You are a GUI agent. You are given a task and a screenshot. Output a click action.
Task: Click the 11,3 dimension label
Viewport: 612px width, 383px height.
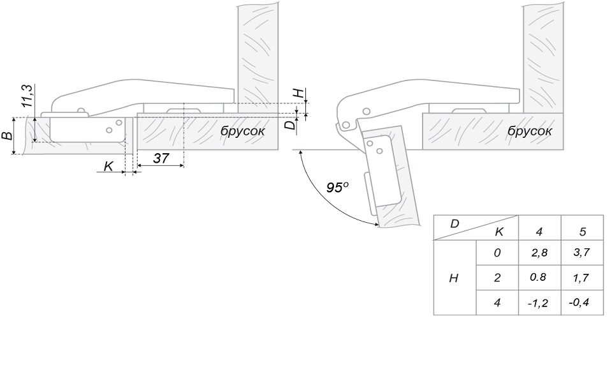[27, 96]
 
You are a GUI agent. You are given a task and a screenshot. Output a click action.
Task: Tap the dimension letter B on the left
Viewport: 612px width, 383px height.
[7, 135]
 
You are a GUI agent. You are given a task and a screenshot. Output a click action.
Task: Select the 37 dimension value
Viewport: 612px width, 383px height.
[161, 158]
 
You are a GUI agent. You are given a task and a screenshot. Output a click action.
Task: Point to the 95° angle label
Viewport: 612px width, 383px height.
[337, 187]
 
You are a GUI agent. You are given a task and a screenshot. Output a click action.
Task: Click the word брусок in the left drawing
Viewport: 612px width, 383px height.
[242, 131]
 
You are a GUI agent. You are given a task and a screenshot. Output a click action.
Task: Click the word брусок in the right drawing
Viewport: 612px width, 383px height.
[530, 131]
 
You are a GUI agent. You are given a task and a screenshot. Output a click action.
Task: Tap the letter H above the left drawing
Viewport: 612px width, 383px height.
[298, 93]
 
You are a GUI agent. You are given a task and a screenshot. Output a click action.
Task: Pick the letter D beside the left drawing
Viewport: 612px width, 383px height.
[289, 125]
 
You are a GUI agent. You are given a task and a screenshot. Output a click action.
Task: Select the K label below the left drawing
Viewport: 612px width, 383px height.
[108, 166]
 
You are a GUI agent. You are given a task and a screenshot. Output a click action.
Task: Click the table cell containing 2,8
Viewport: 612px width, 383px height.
[539, 253]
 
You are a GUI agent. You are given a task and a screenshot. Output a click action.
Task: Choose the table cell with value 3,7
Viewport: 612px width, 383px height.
[582, 253]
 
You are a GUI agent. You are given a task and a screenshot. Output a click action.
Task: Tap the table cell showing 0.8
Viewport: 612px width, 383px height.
[539, 278]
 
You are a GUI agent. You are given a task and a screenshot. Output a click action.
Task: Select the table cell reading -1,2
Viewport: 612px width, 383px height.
[539, 303]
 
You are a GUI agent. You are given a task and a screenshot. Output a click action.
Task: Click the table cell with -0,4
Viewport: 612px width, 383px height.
[582, 303]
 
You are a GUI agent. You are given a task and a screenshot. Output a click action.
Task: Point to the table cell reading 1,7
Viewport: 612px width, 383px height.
[582, 278]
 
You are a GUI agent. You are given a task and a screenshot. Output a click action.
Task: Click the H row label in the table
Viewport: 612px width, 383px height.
[453, 278]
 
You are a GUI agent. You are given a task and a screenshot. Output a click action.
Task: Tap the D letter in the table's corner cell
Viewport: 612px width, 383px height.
[455, 224]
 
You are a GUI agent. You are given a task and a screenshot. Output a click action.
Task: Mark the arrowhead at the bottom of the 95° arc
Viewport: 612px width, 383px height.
[375, 224]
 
